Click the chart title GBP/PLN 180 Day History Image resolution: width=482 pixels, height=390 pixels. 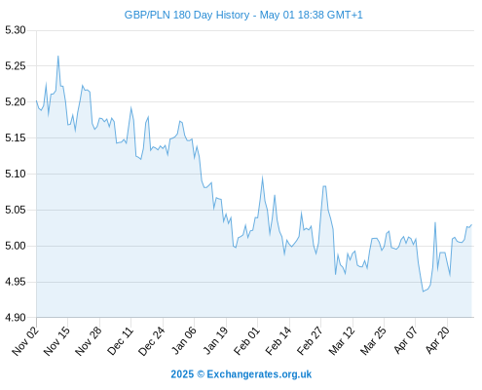tap(187, 15)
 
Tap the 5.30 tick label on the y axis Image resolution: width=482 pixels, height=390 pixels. tap(16, 30)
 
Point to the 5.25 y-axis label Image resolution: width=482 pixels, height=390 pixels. tap(16, 66)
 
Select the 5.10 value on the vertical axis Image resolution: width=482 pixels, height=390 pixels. tap(16, 174)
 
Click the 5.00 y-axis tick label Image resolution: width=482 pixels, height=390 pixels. tap(16, 246)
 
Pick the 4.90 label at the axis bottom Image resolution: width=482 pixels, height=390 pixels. tap(16, 318)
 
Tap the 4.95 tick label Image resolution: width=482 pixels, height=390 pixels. tap(16, 282)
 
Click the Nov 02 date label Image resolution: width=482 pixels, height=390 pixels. tap(25, 341)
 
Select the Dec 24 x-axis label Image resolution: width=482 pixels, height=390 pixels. tap(152, 341)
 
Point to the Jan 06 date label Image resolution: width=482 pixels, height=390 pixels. tap(184, 341)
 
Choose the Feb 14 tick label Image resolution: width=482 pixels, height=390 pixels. tap(278, 341)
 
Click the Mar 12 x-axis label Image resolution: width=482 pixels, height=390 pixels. tap(342, 341)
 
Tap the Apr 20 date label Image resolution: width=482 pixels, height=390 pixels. tap(437, 341)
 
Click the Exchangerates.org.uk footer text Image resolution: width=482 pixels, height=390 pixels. tap(259, 374)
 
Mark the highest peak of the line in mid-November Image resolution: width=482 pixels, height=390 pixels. tap(58, 56)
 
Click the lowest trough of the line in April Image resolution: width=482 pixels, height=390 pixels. tap(424, 292)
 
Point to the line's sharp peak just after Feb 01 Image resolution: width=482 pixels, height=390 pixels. tap(262, 177)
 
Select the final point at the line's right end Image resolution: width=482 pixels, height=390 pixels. tap(471, 224)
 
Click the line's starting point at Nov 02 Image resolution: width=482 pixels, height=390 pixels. tap(36, 100)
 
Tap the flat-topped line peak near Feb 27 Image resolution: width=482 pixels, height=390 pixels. tap(324, 186)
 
